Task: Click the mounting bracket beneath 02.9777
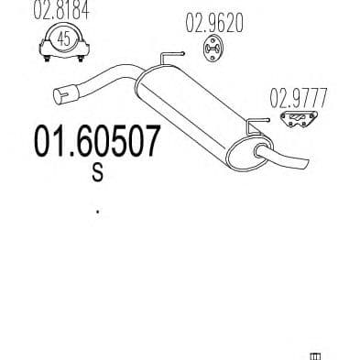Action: click(296, 121)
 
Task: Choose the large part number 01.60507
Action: click(96, 144)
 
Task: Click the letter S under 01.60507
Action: click(96, 175)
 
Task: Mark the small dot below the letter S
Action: click(97, 213)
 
